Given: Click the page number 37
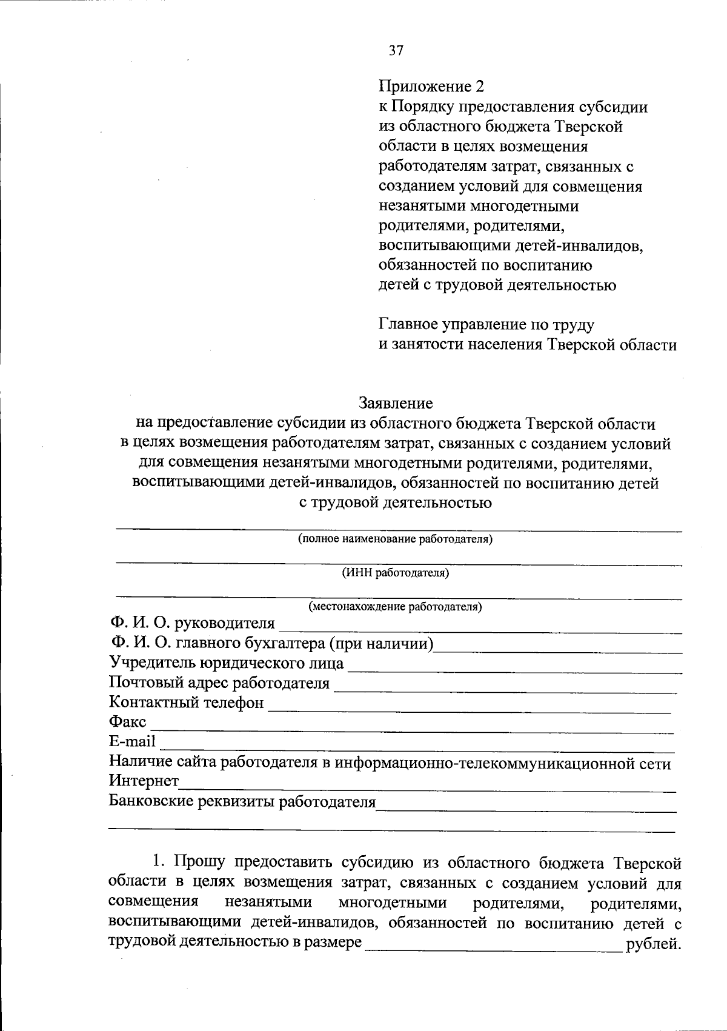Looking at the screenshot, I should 395,50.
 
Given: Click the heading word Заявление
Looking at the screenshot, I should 396,403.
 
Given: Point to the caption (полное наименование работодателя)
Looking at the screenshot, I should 395,539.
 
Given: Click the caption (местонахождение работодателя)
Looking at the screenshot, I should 395,606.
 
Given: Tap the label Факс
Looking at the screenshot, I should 127,722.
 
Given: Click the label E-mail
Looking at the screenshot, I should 132,741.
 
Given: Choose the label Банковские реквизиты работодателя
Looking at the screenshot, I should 242,802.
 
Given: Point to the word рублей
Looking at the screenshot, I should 654,944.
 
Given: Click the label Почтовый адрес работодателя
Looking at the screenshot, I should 219,683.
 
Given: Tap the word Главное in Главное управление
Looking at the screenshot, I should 414,325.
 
